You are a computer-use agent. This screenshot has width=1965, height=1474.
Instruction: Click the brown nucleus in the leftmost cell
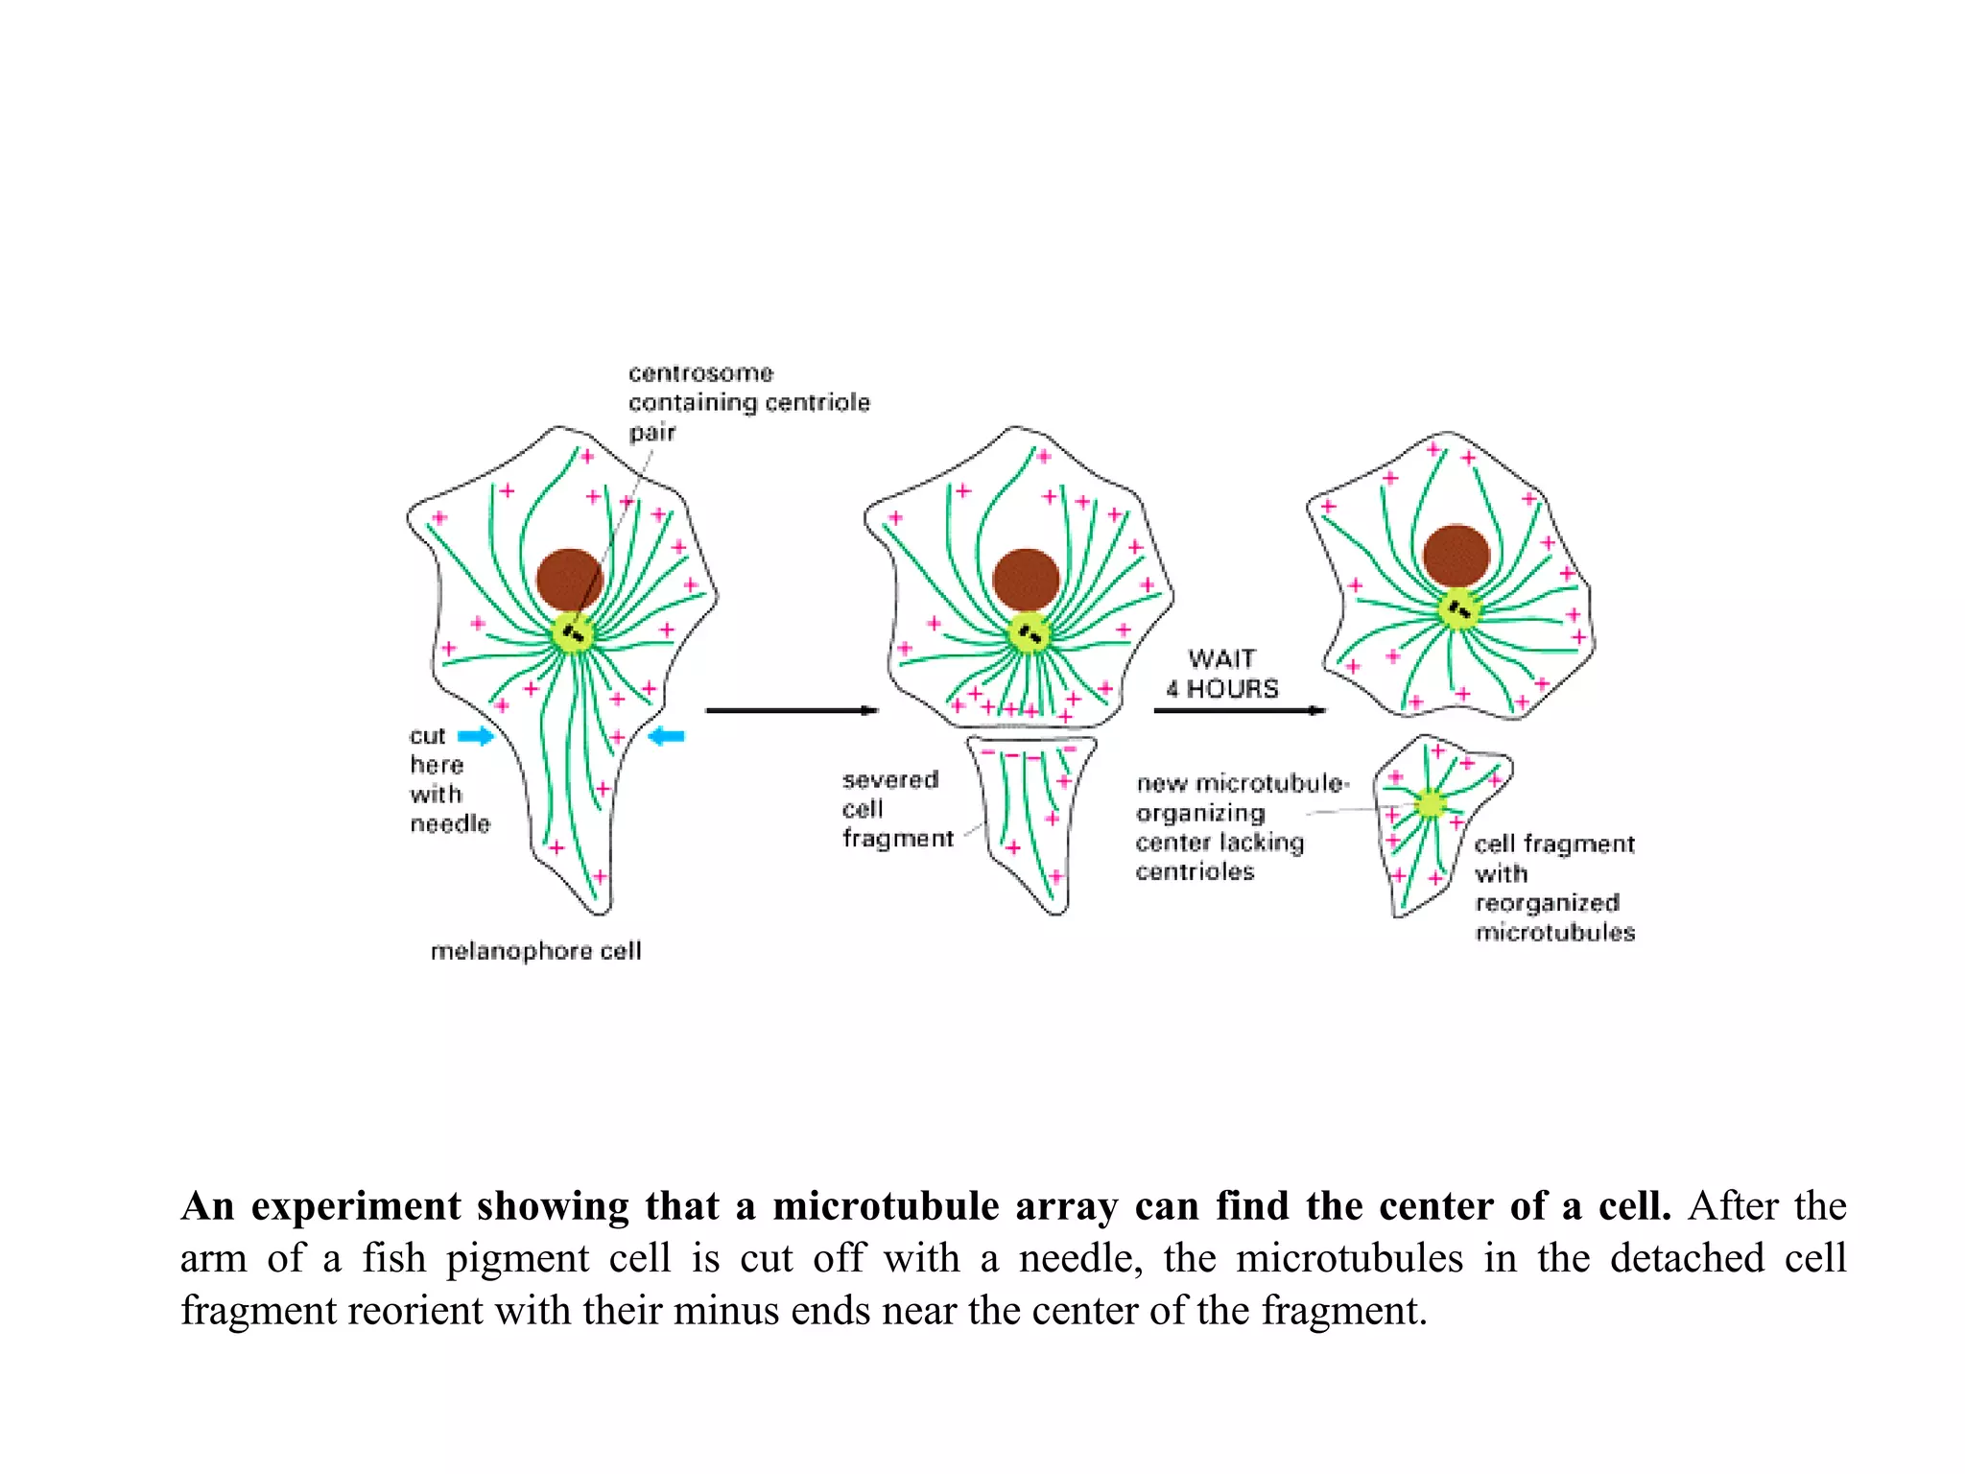[x=569, y=579]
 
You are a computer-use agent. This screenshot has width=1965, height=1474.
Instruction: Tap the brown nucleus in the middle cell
[x=1026, y=579]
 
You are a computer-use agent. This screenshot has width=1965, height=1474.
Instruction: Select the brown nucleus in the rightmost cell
[x=1456, y=556]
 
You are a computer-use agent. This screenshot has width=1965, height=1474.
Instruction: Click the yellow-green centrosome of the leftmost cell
[x=574, y=633]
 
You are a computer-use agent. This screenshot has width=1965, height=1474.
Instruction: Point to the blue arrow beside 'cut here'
[x=475, y=736]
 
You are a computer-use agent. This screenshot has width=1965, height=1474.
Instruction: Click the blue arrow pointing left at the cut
[x=667, y=736]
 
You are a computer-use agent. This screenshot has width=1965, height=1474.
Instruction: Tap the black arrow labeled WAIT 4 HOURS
[x=1239, y=710]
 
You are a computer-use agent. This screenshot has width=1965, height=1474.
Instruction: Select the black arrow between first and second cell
[x=792, y=710]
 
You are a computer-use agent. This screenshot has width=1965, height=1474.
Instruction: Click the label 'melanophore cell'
[x=535, y=951]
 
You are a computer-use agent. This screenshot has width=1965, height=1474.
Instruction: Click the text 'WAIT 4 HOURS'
[x=1222, y=674]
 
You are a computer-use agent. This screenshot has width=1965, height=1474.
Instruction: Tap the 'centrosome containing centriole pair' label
[x=748, y=402]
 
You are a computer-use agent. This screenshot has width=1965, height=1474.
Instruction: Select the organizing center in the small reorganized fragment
[x=1430, y=803]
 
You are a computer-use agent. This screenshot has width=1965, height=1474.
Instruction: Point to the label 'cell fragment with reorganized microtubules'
[x=1553, y=888]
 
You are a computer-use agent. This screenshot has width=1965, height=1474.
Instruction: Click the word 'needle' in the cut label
[x=450, y=824]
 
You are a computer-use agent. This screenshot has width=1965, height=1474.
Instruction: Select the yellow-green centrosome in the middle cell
[x=1030, y=633]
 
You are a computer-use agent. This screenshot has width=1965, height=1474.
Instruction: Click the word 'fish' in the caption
[x=393, y=1258]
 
